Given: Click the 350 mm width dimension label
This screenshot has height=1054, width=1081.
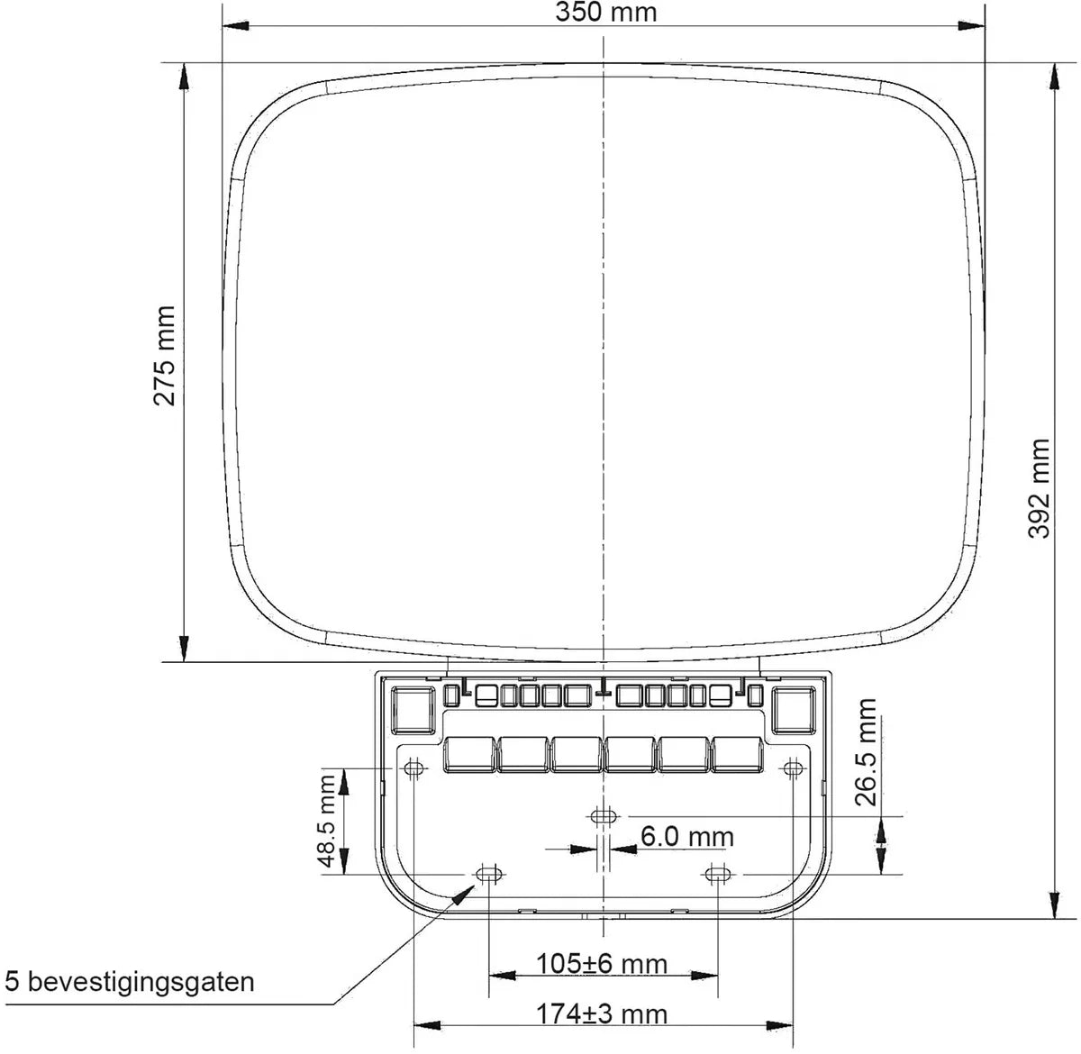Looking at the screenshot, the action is [605, 13].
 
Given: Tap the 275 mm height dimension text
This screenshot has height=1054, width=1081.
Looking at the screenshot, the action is [165, 356].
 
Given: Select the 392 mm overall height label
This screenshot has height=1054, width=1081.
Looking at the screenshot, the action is [1039, 488].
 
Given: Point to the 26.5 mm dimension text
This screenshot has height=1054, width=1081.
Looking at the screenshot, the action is [866, 752].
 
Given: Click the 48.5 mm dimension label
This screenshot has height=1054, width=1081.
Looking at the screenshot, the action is [327, 822].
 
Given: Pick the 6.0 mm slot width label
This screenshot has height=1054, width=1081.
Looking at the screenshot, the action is [687, 836].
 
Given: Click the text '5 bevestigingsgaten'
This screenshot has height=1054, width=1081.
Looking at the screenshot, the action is [130, 982].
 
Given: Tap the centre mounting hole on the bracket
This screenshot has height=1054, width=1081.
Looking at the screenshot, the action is [603, 816].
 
